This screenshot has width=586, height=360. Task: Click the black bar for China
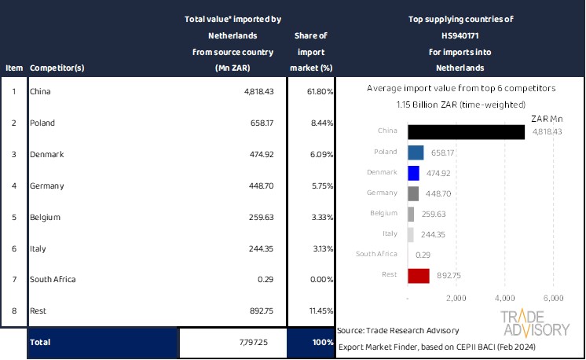[466, 132]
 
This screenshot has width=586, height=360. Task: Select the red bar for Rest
[419, 275]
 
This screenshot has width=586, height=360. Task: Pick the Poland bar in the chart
[416, 152]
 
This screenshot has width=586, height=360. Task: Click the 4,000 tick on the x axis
[505, 299]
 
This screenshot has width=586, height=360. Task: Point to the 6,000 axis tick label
[554, 299]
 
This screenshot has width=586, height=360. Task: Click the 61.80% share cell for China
[318, 92]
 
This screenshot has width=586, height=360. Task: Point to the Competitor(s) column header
[57, 68]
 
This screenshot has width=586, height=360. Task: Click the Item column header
[13, 68]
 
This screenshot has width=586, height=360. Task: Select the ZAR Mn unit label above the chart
[547, 118]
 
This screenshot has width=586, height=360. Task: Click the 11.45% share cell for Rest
[318, 311]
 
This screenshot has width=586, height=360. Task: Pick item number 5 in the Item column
[13, 218]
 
